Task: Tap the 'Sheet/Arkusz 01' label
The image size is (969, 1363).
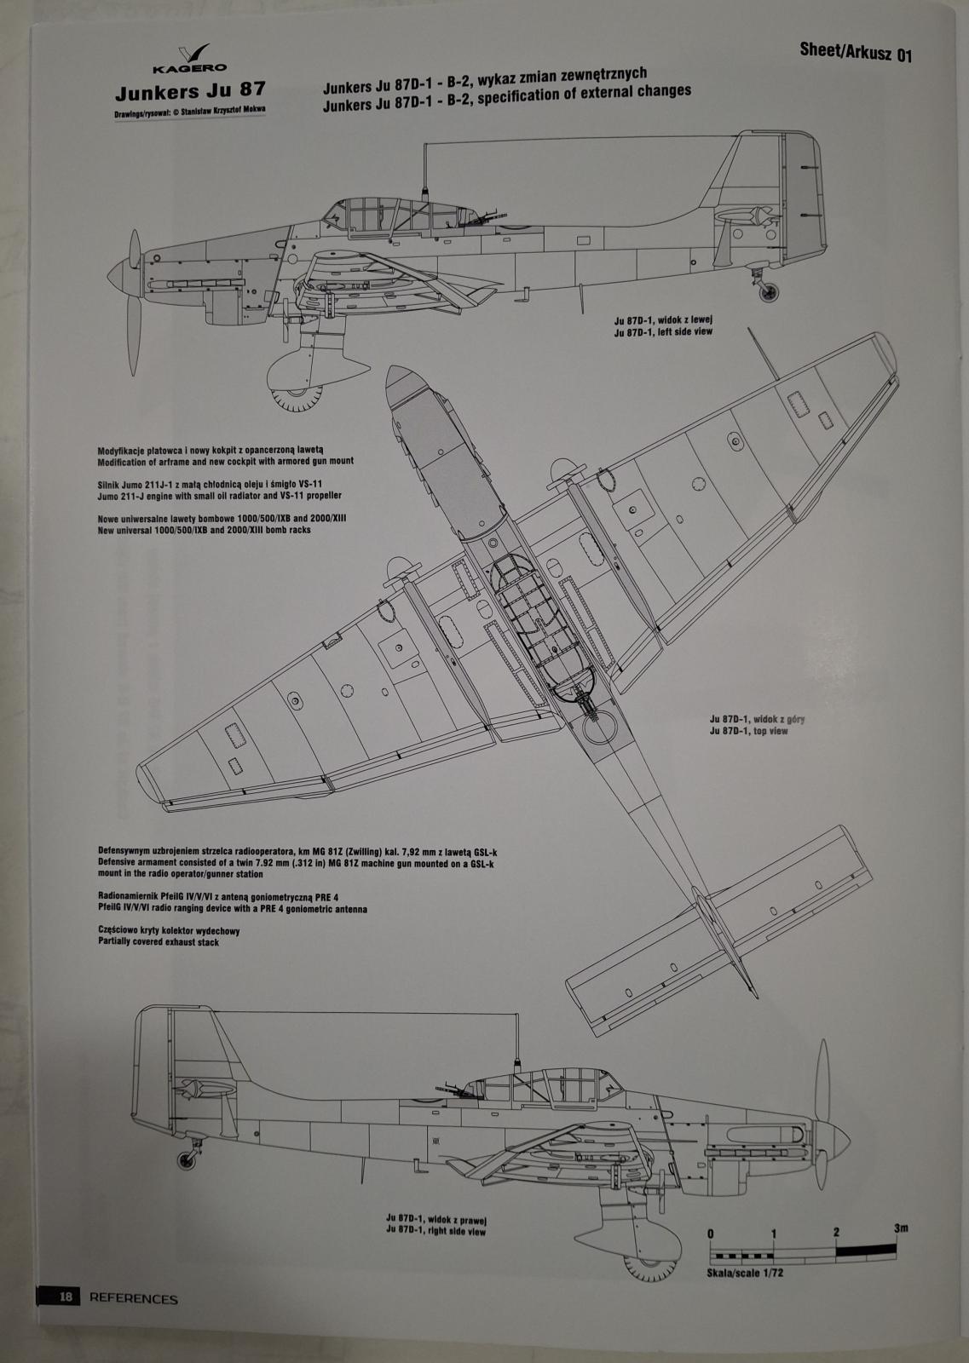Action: (x=856, y=52)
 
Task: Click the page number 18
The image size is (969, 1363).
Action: (x=66, y=1297)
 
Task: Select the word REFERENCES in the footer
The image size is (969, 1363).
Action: (x=134, y=1298)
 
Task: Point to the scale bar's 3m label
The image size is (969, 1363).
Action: (x=901, y=1228)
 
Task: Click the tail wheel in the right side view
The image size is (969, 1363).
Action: (x=187, y=1159)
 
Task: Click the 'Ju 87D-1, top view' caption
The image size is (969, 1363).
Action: (x=747, y=731)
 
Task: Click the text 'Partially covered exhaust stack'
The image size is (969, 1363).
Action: (x=159, y=942)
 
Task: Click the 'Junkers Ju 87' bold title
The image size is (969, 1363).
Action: (x=189, y=90)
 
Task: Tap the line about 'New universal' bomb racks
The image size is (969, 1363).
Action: (x=204, y=530)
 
